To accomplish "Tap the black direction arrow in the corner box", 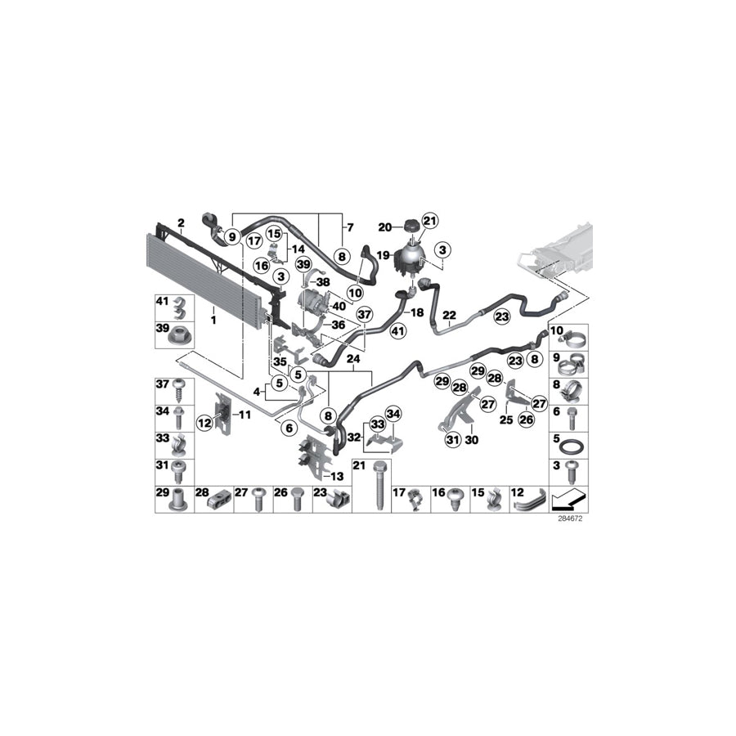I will [x=568, y=498].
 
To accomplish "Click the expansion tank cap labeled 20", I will [x=406, y=226].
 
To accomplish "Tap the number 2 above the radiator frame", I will [x=182, y=223].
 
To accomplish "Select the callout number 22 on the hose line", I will [x=449, y=315].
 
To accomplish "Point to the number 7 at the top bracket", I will [x=349, y=227].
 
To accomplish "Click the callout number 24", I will [x=353, y=358].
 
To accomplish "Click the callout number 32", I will [x=352, y=437].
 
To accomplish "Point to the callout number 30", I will [x=471, y=440].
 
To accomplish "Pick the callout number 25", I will [x=505, y=420].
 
